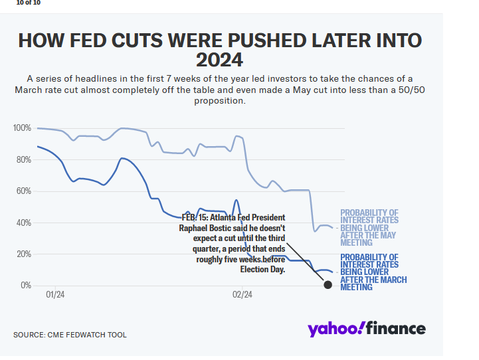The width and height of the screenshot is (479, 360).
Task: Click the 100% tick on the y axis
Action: coord(22,128)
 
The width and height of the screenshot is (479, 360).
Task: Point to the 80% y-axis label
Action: coord(24,159)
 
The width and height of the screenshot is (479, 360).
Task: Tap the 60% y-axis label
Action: coord(24,191)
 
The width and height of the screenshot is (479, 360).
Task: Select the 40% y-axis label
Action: coord(24,223)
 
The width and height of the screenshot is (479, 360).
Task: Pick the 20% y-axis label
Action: coord(24,254)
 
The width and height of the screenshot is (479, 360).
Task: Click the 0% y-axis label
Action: coord(26,286)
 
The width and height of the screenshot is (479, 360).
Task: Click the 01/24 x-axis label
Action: coord(55,294)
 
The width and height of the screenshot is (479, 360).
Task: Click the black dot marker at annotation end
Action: coord(328,285)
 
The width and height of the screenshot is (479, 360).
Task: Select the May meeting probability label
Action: coord(369,228)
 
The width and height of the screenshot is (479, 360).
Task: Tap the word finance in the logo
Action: coord(397,329)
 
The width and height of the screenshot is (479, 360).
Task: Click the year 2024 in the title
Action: coord(219,60)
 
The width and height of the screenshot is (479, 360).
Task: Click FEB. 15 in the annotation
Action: coord(196,217)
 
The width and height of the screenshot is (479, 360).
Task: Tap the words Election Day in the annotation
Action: coord(262,269)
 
